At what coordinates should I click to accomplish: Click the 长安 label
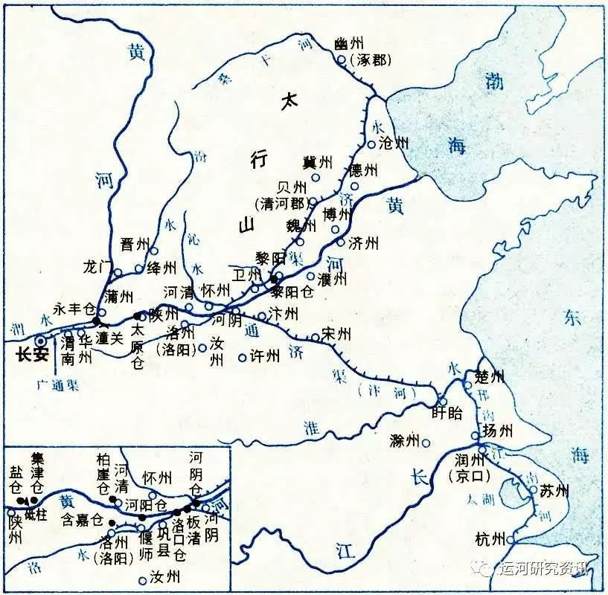tap(32, 355)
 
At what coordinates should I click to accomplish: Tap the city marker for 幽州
tap(341, 60)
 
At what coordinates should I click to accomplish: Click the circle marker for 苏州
tap(534, 489)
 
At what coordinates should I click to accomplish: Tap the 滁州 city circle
tap(426, 443)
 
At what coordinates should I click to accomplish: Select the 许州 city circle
tap(242, 358)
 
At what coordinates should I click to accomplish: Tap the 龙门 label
tap(97, 266)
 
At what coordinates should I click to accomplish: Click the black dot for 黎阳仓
tap(274, 280)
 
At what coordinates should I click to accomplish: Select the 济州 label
tap(363, 243)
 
